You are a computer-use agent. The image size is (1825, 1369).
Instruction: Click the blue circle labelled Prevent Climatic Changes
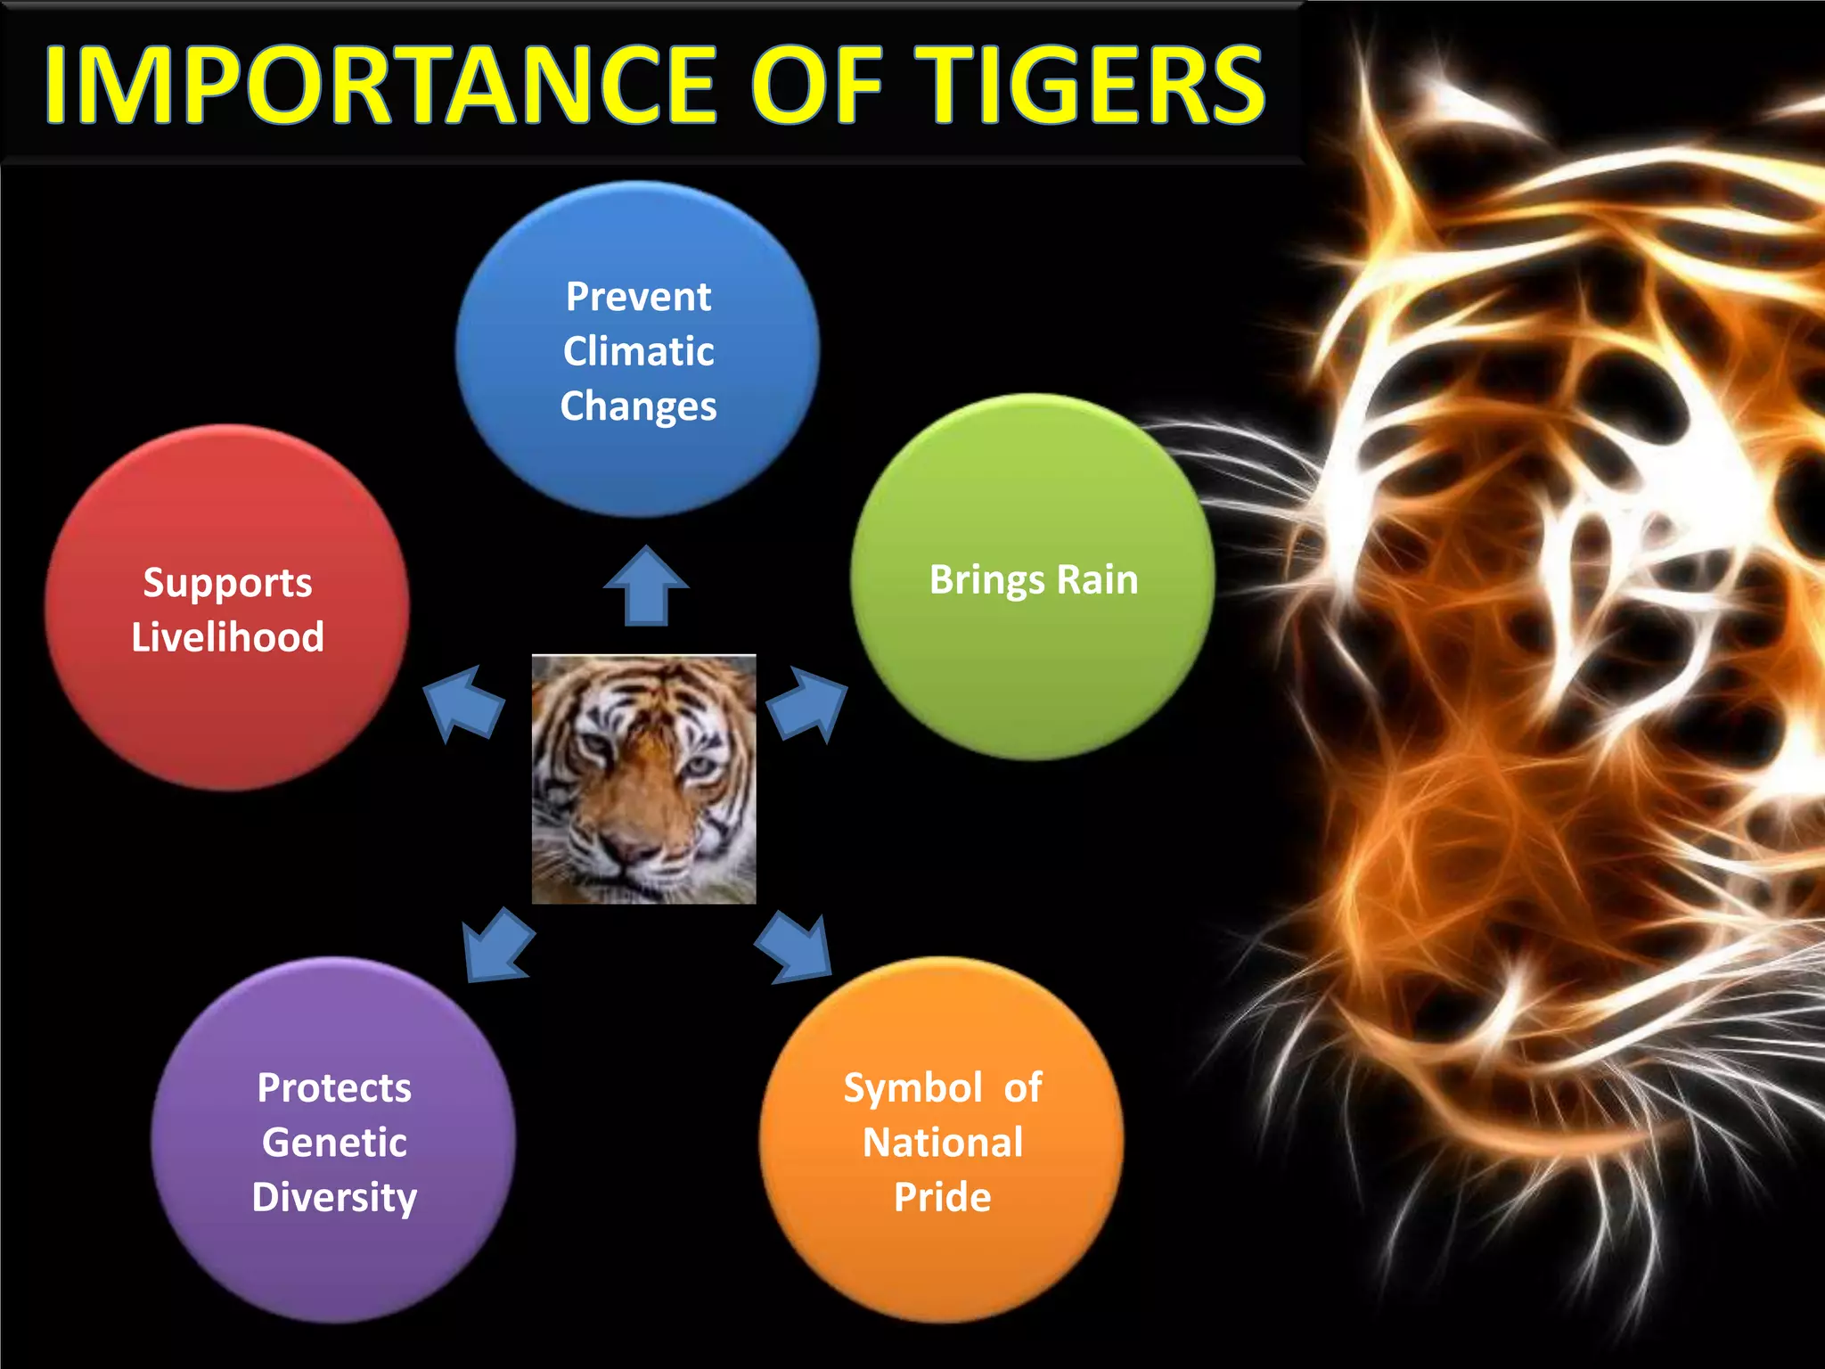[638, 349]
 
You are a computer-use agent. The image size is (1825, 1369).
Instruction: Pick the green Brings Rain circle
[1032, 578]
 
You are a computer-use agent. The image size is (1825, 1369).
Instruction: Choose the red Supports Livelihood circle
[227, 608]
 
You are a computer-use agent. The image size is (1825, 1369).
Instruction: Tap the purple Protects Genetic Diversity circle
[333, 1140]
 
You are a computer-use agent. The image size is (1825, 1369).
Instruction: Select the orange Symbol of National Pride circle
[942, 1140]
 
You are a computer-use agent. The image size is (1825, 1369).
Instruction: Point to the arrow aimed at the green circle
[806, 705]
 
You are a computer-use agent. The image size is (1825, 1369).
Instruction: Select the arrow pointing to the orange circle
[795, 947]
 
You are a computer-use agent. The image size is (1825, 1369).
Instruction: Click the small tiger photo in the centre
[643, 779]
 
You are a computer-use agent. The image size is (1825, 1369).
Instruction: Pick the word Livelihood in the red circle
[227, 637]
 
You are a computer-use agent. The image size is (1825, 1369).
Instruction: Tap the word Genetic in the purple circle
[334, 1142]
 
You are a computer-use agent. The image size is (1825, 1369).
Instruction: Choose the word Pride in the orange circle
[942, 1197]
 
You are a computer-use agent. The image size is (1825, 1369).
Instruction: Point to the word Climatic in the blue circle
[638, 351]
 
